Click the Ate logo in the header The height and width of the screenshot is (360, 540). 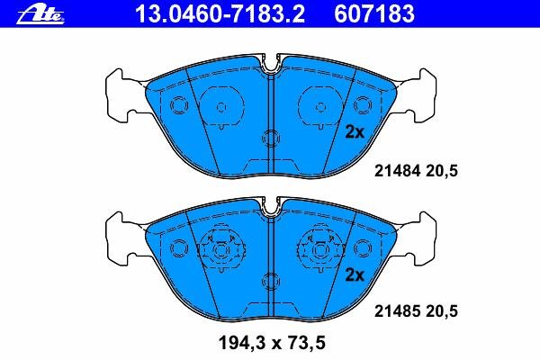[x=40, y=14]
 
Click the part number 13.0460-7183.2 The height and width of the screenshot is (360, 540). [x=220, y=13]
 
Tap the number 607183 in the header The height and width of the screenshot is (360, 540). [x=374, y=13]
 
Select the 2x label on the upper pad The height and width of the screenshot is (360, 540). [x=355, y=132]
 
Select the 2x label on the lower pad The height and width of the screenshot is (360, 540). [x=355, y=274]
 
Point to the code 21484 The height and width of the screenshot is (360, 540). [x=398, y=171]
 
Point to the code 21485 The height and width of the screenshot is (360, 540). [x=398, y=311]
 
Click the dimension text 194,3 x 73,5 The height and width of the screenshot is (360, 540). [x=272, y=343]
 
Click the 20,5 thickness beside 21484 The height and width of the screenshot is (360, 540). [x=442, y=171]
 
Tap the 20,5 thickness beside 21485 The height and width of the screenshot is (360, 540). [x=442, y=311]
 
